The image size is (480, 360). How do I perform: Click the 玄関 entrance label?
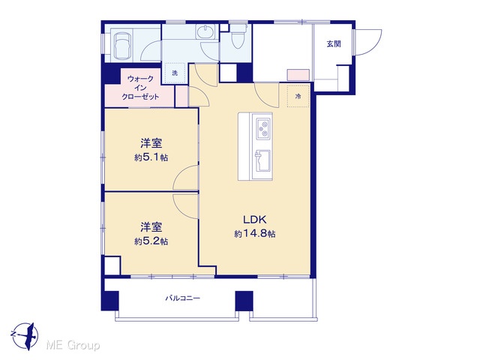[333, 44]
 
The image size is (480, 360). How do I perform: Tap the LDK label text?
[255, 220]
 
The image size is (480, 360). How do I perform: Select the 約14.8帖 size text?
[255, 234]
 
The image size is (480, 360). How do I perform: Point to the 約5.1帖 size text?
[151, 157]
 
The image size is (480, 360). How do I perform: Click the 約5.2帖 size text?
[151, 241]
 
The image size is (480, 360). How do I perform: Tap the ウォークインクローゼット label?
[140, 88]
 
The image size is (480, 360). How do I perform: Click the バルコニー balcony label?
[183, 298]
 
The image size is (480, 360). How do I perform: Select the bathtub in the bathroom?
[123, 45]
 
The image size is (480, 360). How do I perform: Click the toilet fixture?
[238, 37]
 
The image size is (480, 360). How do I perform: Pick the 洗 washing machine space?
[175, 73]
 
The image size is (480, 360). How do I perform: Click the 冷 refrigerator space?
[298, 97]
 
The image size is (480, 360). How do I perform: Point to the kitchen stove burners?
[263, 128]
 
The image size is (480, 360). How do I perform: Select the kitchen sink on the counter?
[263, 162]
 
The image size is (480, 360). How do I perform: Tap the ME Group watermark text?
[73, 346]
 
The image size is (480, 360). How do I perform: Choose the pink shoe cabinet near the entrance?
[298, 75]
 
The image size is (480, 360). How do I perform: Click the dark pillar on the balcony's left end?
[110, 301]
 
